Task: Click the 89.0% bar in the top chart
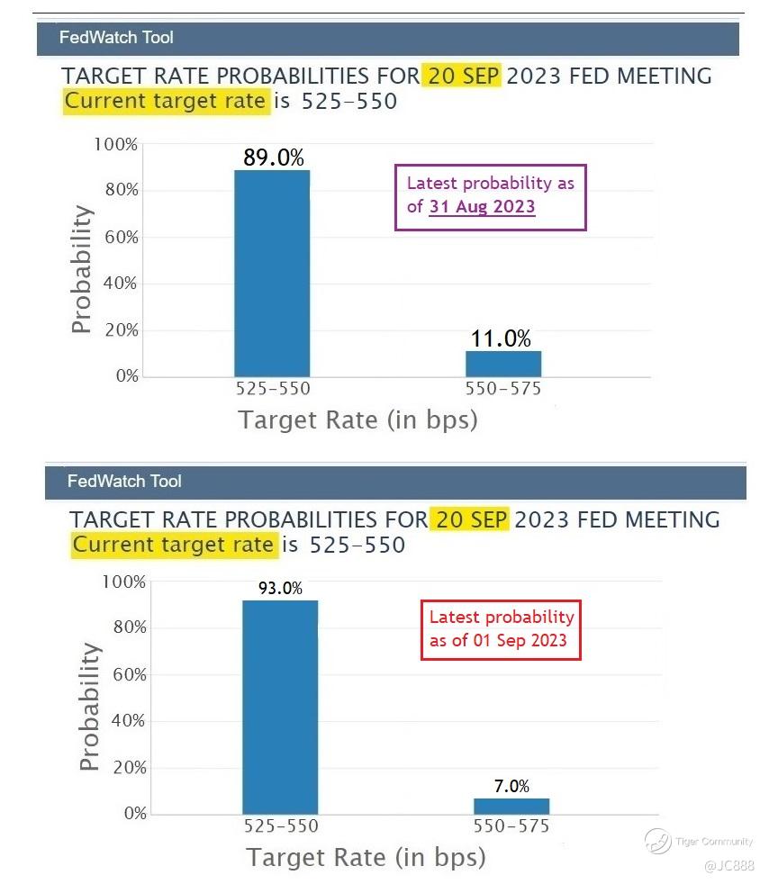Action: click(x=272, y=273)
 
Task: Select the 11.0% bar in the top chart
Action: click(x=503, y=363)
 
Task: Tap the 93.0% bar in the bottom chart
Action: click(x=280, y=707)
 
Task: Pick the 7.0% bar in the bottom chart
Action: click(x=511, y=806)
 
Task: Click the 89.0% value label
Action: click(x=274, y=158)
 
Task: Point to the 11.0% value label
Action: click(x=501, y=338)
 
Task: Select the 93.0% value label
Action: click(x=280, y=589)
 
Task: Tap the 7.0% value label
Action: click(x=511, y=786)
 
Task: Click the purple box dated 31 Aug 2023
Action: click(x=491, y=196)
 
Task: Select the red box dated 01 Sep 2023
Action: click(x=501, y=628)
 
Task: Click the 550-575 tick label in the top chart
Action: click(x=503, y=390)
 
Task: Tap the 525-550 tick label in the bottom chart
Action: click(x=281, y=826)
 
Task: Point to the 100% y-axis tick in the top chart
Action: click(x=116, y=144)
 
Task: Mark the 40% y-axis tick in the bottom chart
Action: click(x=124, y=720)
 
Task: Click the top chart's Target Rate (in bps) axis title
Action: click(x=357, y=419)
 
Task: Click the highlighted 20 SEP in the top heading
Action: click(x=464, y=76)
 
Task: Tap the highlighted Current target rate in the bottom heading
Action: click(x=173, y=544)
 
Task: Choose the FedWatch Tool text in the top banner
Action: click(x=116, y=38)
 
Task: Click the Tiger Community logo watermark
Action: click(x=657, y=841)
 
